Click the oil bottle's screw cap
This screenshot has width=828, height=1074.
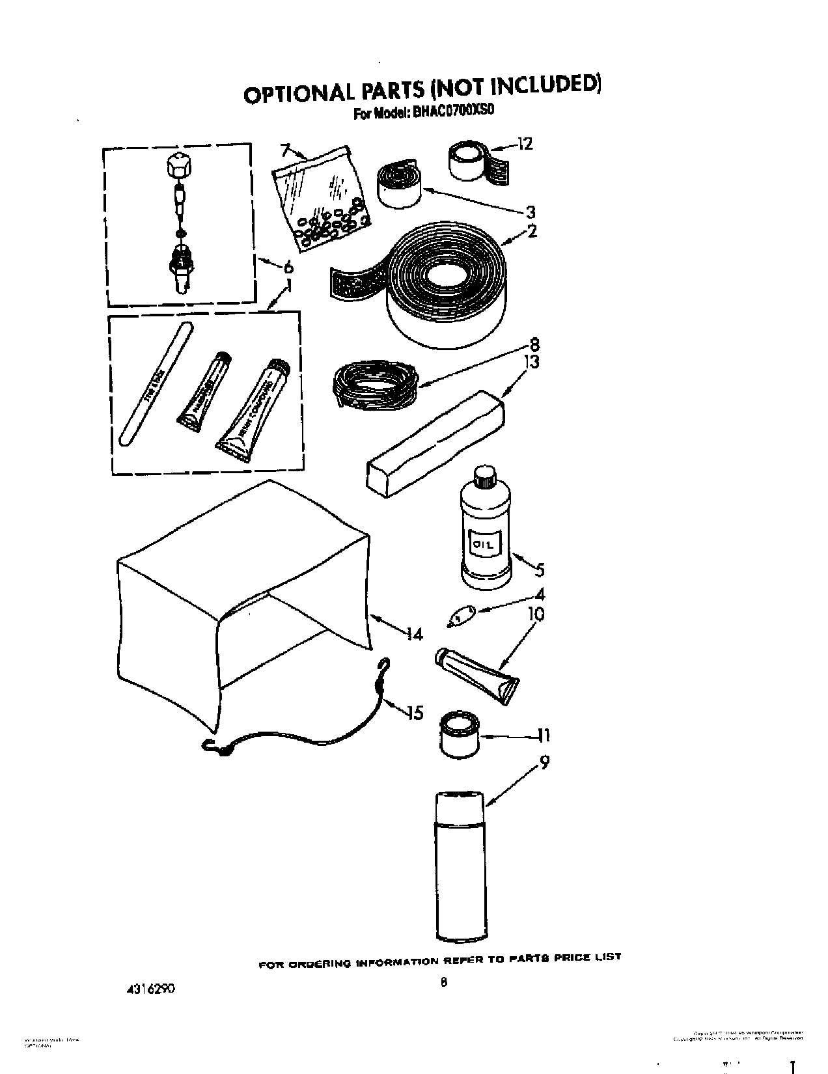click(x=484, y=478)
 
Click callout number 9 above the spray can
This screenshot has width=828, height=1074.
click(x=544, y=762)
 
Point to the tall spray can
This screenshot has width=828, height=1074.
click(x=460, y=866)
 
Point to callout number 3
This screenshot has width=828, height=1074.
click(x=531, y=212)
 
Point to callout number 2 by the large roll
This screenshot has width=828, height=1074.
click(x=532, y=231)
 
